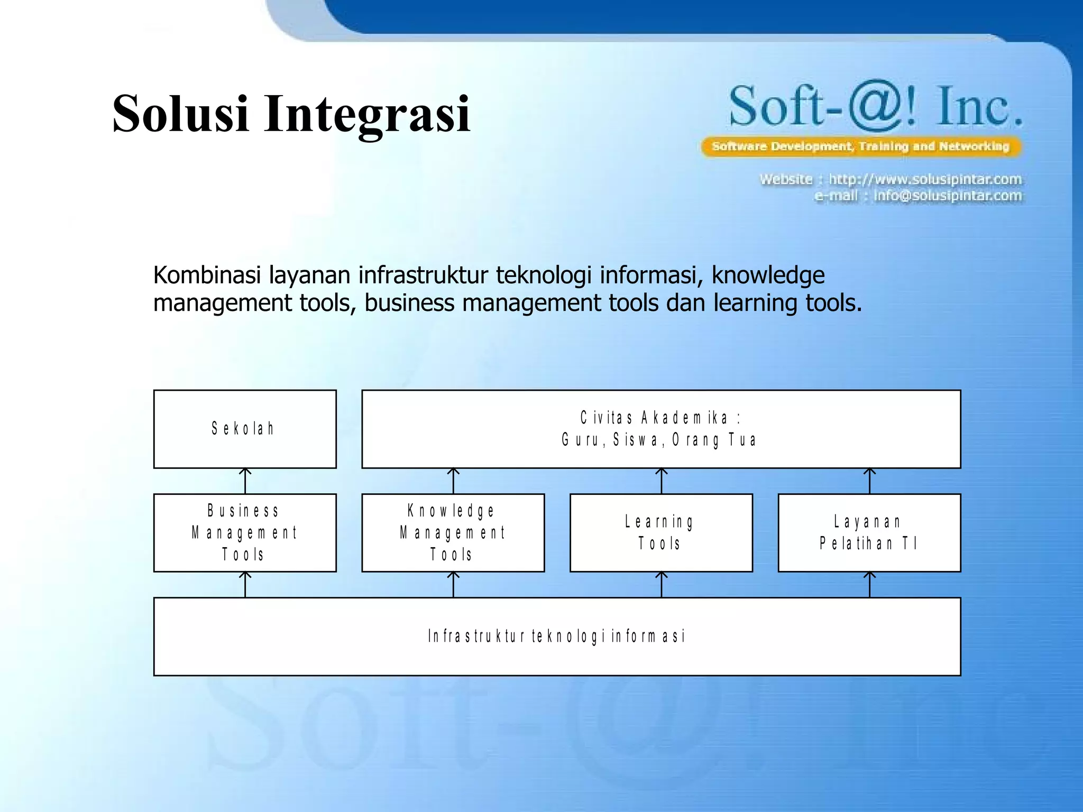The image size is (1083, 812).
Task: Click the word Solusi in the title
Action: pos(180,114)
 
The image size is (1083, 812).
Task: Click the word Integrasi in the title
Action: pos(367,114)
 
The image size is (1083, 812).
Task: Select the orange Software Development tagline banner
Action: pos(861,146)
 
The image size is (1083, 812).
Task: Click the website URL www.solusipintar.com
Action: pos(925,179)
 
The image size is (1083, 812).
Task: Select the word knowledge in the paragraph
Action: pos(768,275)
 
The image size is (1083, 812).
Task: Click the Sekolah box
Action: pos(245,429)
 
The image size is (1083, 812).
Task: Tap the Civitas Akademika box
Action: pos(660,429)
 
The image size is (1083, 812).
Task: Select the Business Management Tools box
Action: pos(245,532)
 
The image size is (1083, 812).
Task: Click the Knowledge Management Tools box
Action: pos(453,532)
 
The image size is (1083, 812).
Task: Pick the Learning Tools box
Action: pos(660,532)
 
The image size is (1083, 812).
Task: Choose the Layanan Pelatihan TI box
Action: pos(869,532)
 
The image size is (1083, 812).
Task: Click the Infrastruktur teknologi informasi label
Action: pos(556,636)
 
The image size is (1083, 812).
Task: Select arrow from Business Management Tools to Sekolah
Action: pos(245,481)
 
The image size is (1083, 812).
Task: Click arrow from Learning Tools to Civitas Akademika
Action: pos(661,481)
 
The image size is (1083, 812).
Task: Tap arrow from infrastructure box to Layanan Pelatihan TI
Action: pos(869,584)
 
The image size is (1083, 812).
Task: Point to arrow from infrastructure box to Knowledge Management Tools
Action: pos(453,584)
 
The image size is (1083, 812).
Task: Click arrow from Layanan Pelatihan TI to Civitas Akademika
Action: pos(869,481)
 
